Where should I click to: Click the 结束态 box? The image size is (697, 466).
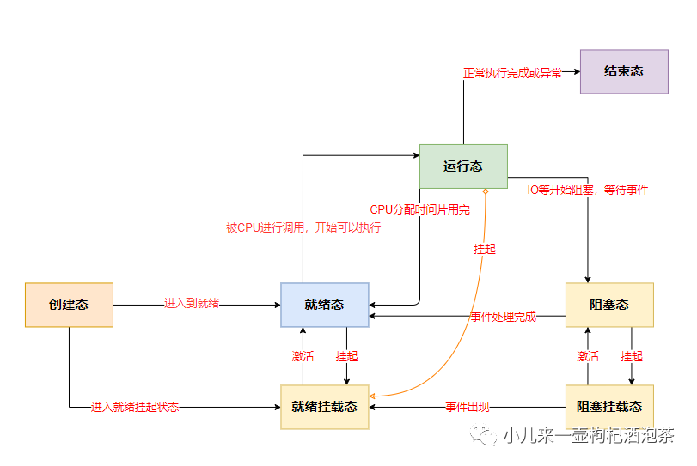[x=624, y=71]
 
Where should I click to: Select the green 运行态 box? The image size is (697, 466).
[x=463, y=166]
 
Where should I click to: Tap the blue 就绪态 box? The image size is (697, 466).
[x=324, y=305]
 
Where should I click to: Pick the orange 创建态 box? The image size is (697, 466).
[x=69, y=305]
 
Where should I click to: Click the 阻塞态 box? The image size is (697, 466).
[x=609, y=305]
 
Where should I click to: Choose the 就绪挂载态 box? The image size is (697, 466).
[x=324, y=407]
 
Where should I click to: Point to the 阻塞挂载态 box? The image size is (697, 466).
[x=609, y=407]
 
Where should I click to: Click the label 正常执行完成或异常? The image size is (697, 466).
[x=512, y=73]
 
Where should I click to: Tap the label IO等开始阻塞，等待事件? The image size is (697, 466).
[x=588, y=190]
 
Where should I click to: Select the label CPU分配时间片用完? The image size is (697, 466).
[x=419, y=209]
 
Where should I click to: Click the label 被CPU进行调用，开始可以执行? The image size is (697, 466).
[x=303, y=228]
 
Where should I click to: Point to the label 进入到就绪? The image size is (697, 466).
[x=192, y=303]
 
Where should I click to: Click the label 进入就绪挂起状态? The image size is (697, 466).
[x=135, y=407]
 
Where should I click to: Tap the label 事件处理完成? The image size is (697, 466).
[x=503, y=317]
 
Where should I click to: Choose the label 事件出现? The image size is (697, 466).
[x=468, y=407]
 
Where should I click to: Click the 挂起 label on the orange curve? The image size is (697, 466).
[x=485, y=249]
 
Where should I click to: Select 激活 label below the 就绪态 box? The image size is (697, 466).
[x=303, y=356]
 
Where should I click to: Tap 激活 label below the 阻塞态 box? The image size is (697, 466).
[x=588, y=356]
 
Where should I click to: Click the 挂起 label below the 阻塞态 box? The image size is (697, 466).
[x=632, y=356]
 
